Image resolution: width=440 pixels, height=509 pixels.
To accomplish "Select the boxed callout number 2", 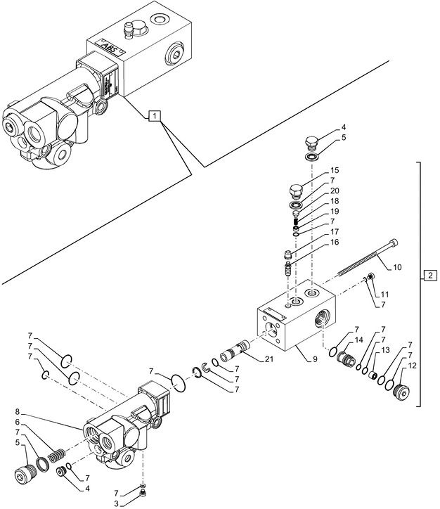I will pos(429,275).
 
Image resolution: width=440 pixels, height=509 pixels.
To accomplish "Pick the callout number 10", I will pos(397,267).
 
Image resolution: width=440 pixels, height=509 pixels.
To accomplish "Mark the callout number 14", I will pos(358,340).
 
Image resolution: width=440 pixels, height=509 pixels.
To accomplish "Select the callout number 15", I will pos(335,171).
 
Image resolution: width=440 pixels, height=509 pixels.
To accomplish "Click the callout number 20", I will pos(335,191).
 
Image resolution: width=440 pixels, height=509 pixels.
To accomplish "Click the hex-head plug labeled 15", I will pos(297,190).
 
